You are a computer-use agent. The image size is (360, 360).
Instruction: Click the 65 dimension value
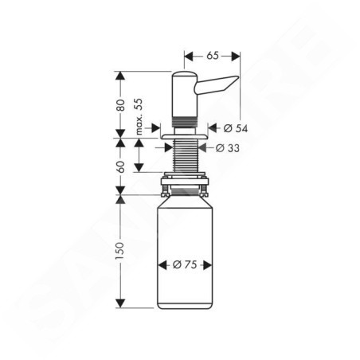click(213, 56)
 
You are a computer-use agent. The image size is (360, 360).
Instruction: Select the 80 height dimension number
click(120, 105)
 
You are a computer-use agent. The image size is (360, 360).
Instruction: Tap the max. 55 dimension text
click(139, 116)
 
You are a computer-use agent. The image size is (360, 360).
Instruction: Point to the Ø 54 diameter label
click(236, 128)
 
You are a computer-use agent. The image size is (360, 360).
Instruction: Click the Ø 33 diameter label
click(228, 148)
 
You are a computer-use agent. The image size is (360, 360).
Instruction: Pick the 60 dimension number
click(120, 166)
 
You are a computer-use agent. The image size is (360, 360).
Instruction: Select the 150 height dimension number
click(120, 251)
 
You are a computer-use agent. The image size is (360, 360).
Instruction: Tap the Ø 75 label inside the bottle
click(185, 264)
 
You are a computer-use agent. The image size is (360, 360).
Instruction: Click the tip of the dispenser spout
click(238, 77)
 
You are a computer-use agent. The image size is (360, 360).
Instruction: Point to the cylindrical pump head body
click(185, 94)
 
